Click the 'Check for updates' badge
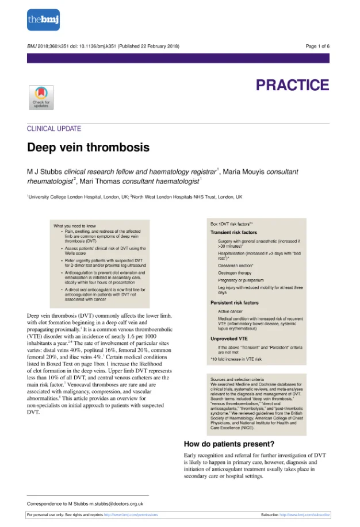coord(41,97)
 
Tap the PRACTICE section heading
coord(292,86)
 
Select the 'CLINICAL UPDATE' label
coord(54,129)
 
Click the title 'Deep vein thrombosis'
coord(88,148)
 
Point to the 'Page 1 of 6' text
coord(317,46)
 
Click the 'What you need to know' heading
coord(75,226)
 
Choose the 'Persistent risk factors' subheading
coord(235,303)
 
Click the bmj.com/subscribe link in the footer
coord(305,515)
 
